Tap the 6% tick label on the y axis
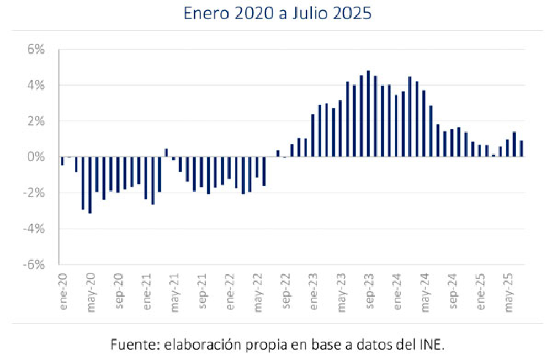click(x=35, y=50)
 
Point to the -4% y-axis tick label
click(x=33, y=229)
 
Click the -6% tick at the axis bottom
click(x=33, y=264)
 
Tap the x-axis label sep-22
click(x=285, y=285)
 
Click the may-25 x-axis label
click(x=508, y=285)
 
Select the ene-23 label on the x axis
click(x=313, y=285)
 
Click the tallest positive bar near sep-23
click(x=368, y=114)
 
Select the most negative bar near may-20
click(x=90, y=185)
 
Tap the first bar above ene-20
click(x=62, y=161)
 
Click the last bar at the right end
click(x=522, y=149)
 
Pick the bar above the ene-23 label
click(x=313, y=135)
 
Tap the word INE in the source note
click(x=432, y=345)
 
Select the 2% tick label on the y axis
click(x=35, y=121)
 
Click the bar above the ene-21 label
click(x=146, y=178)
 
